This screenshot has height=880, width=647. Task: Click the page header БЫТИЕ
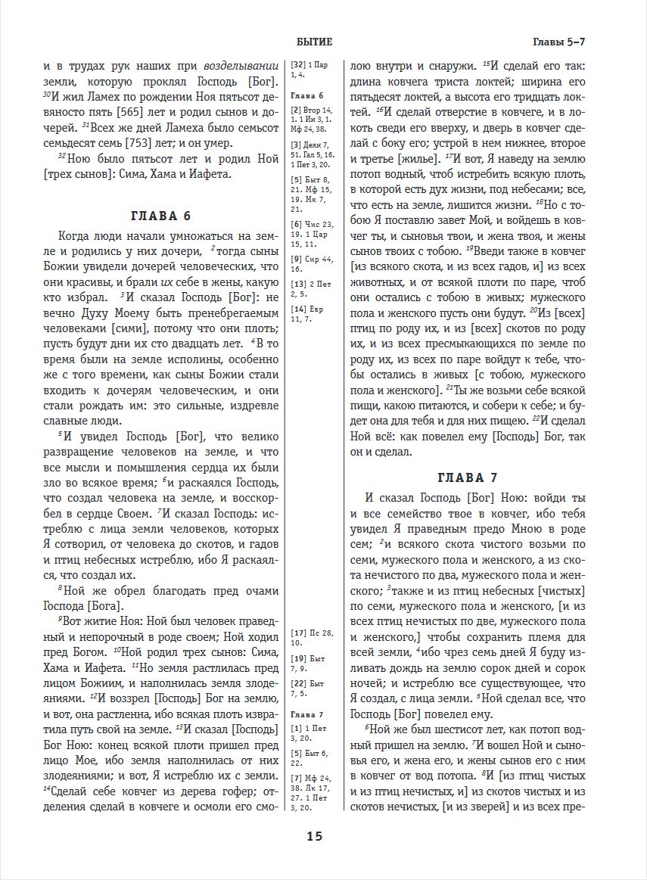[315, 42]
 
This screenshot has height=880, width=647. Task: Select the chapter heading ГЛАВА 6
[161, 215]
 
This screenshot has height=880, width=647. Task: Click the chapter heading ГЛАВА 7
[467, 477]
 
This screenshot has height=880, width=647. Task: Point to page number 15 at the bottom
[315, 836]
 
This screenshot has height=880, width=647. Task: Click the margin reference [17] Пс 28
[311, 631]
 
